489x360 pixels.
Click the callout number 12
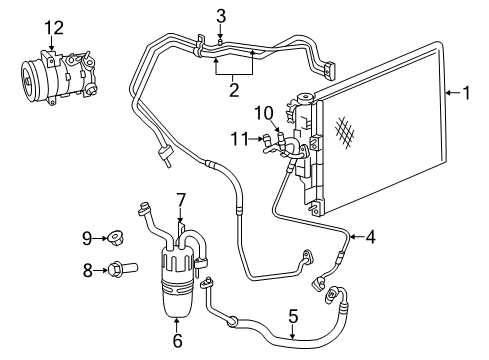[x=53, y=27]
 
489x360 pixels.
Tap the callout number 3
[x=221, y=14]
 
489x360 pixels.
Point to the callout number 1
[x=466, y=96]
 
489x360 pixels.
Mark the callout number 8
[x=87, y=268]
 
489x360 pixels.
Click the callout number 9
[x=87, y=237]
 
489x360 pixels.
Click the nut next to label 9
[x=118, y=238]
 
